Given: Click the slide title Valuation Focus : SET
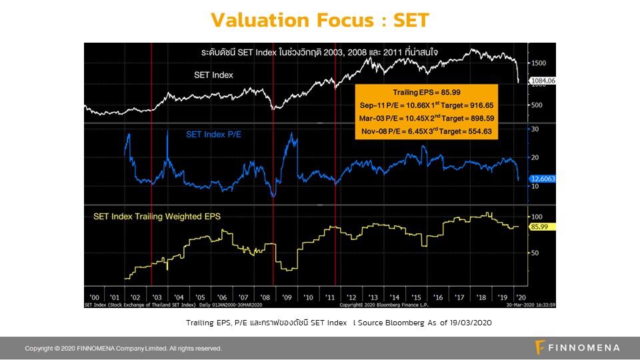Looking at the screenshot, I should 319,20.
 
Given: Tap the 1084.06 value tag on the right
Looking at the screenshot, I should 543,81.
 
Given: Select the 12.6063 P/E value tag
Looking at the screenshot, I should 543,179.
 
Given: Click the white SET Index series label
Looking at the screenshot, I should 213,75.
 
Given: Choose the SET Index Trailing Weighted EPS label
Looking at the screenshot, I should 157,216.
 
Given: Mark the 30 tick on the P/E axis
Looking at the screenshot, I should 535,129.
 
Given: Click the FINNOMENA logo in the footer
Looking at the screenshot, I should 577,347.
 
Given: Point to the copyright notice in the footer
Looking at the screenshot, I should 123,348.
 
